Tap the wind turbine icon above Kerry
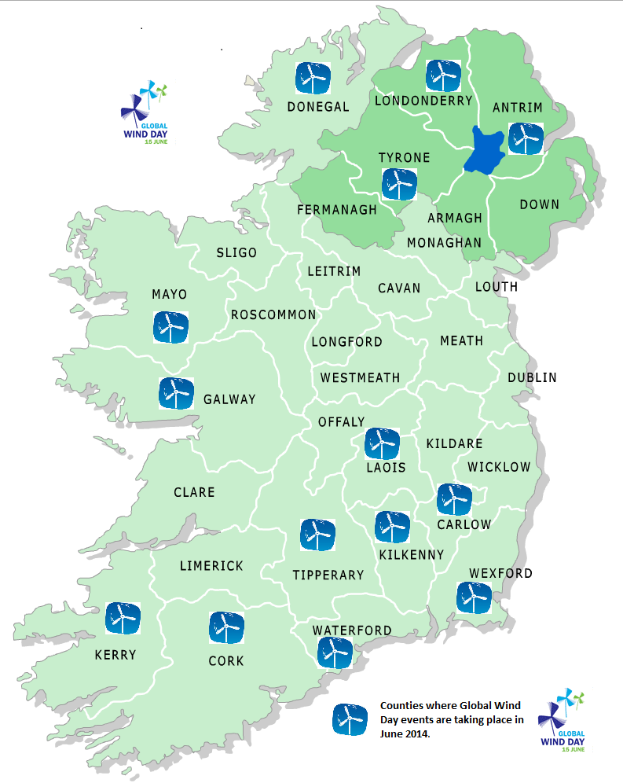[x=123, y=619]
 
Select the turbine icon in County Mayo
[x=170, y=327]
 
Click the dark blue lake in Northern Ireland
[x=482, y=150]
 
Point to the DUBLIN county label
[x=532, y=378]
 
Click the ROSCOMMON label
[x=273, y=315]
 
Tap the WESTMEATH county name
[x=360, y=378]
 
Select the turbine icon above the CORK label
[x=226, y=627]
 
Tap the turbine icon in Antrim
[x=524, y=138]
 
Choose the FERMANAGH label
[x=337, y=211]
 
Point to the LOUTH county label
[x=497, y=287]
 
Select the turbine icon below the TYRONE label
[x=398, y=183]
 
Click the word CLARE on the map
[x=194, y=492]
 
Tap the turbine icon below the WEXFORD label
[x=475, y=598]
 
